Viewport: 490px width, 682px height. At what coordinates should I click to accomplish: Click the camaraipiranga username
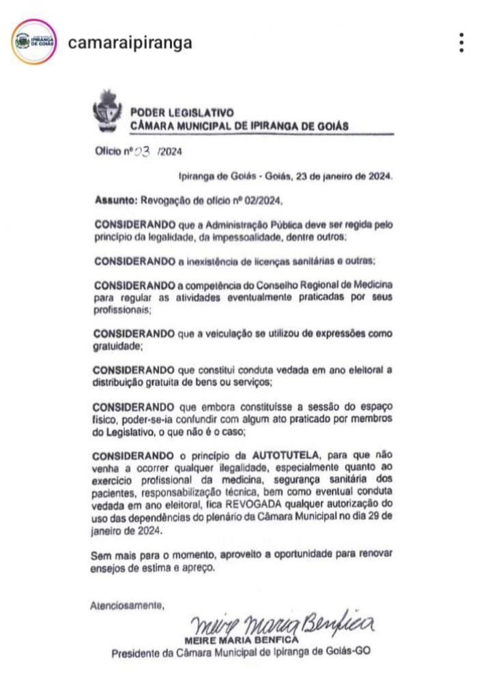click(x=130, y=43)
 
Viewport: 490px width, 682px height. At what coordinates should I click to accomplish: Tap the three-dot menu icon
click(x=462, y=42)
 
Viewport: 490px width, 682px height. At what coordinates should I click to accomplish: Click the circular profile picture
click(x=33, y=42)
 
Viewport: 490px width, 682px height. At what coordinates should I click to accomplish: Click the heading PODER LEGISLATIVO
click(x=182, y=113)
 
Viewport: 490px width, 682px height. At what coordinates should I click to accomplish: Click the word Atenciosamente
click(x=127, y=604)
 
